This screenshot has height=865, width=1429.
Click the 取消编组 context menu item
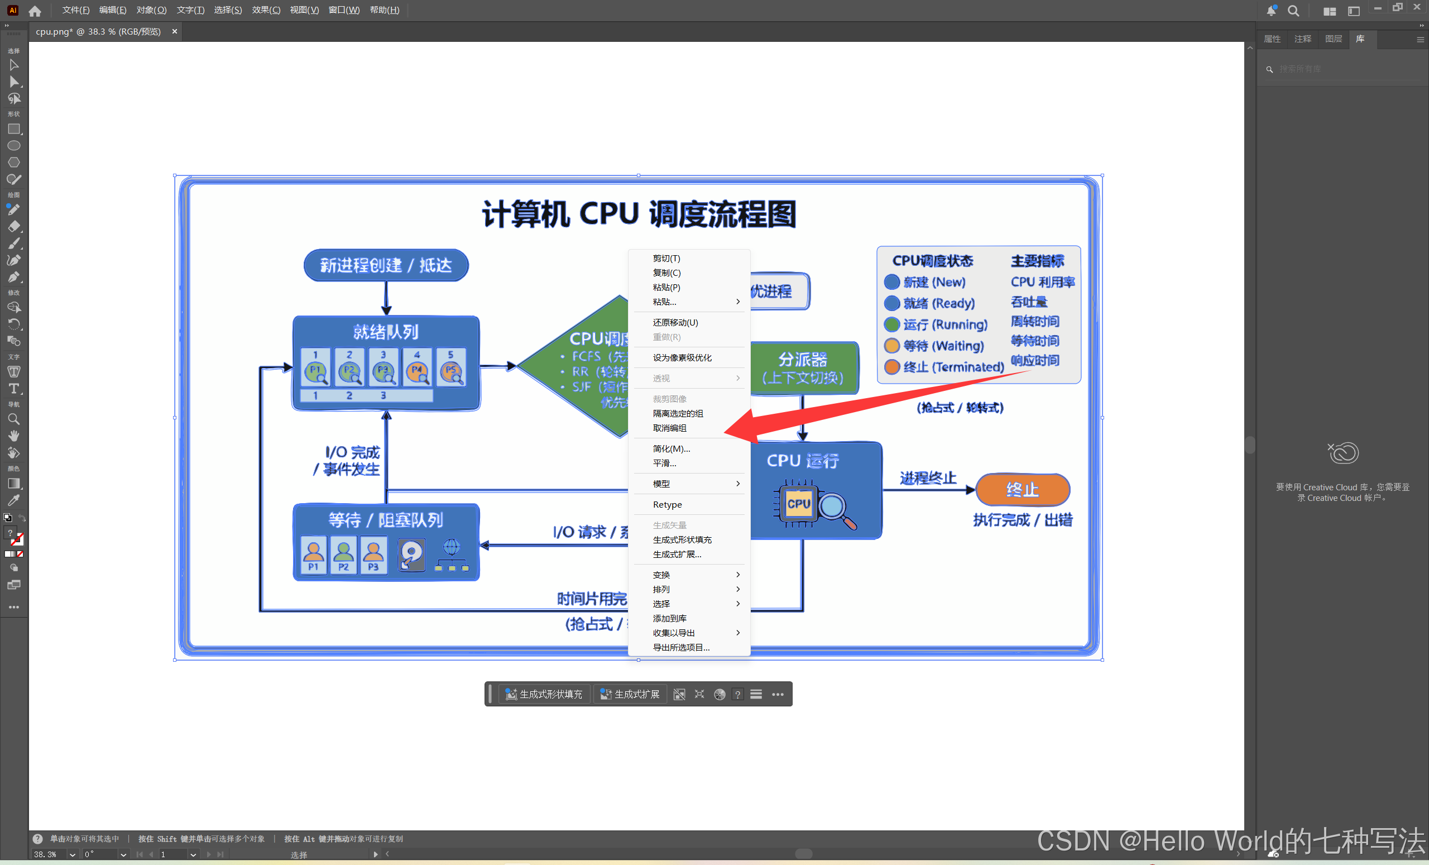pyautogui.click(x=669, y=428)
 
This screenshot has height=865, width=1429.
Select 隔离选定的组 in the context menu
pyautogui.click(x=678, y=414)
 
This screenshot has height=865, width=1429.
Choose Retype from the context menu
pyautogui.click(x=667, y=505)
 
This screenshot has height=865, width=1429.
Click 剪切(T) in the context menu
pyautogui.click(x=666, y=259)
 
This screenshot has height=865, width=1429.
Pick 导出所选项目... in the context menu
pyautogui.click(x=681, y=647)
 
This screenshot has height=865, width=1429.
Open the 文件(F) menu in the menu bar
pyautogui.click(x=75, y=10)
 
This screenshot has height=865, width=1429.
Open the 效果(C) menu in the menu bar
pyautogui.click(x=266, y=10)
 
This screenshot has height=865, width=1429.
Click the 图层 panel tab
pyautogui.click(x=1334, y=39)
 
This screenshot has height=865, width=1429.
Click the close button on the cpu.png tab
pyautogui.click(x=175, y=31)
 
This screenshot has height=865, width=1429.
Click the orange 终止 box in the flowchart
pyautogui.click(x=1023, y=490)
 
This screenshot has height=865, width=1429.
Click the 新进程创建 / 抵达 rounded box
pyautogui.click(x=386, y=265)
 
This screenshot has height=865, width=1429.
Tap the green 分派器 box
pyautogui.click(x=803, y=368)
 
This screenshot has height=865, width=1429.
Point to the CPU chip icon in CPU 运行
pyautogui.click(x=798, y=504)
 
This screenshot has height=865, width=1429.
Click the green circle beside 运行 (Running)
pyautogui.click(x=891, y=324)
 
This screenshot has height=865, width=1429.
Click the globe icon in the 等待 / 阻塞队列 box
pyautogui.click(x=451, y=547)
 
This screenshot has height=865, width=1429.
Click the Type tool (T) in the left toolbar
pyautogui.click(x=14, y=389)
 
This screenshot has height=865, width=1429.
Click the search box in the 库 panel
pyautogui.click(x=1340, y=69)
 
